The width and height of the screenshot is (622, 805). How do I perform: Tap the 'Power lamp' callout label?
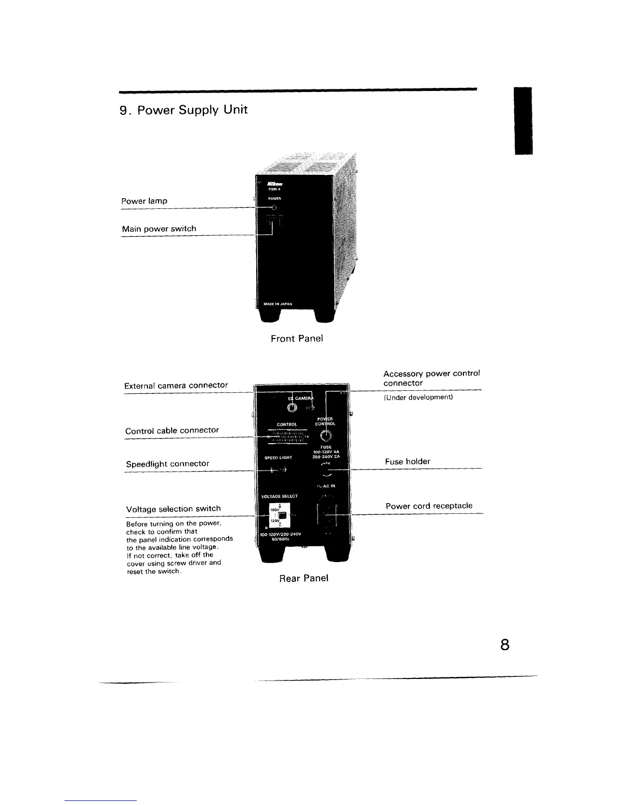click(144, 201)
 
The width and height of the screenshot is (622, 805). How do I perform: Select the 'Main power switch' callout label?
click(159, 229)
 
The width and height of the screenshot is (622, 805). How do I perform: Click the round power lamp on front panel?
click(274, 207)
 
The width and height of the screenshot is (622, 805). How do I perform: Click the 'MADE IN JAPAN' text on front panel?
click(278, 304)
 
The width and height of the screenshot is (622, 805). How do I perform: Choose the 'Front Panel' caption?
click(297, 338)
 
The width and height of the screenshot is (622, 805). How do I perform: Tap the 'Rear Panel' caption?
click(304, 578)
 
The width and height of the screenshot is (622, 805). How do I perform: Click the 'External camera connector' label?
click(176, 385)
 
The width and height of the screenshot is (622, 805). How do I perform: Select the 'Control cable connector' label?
click(172, 430)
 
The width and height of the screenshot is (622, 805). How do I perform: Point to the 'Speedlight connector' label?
click(167, 463)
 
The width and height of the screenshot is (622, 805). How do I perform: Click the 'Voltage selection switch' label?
click(173, 509)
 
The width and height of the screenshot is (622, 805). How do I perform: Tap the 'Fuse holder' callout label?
click(407, 461)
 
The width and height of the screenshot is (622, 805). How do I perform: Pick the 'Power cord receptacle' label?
click(429, 506)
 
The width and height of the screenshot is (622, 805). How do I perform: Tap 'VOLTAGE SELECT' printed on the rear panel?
click(279, 496)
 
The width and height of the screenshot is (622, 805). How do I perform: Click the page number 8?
click(505, 645)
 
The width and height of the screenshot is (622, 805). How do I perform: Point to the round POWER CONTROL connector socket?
click(325, 436)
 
